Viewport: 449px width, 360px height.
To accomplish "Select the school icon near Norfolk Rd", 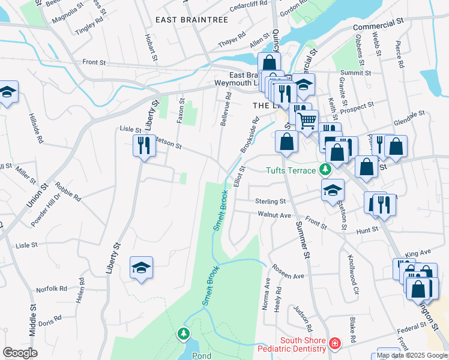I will coord(141,268).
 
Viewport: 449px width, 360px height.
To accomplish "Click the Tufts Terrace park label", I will coord(291,170).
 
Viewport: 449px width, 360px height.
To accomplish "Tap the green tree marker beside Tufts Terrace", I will coord(325,170).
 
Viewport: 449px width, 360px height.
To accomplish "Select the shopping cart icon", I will coord(307,121).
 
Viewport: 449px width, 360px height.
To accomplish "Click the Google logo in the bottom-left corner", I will coord(20,352).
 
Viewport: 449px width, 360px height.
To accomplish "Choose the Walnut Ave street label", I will coord(274,215).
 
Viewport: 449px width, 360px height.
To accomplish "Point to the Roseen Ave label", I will coord(288,272).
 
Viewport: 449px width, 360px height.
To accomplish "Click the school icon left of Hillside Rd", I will coord(8,92).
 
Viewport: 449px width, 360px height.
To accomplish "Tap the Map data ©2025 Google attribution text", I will coord(412,355).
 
